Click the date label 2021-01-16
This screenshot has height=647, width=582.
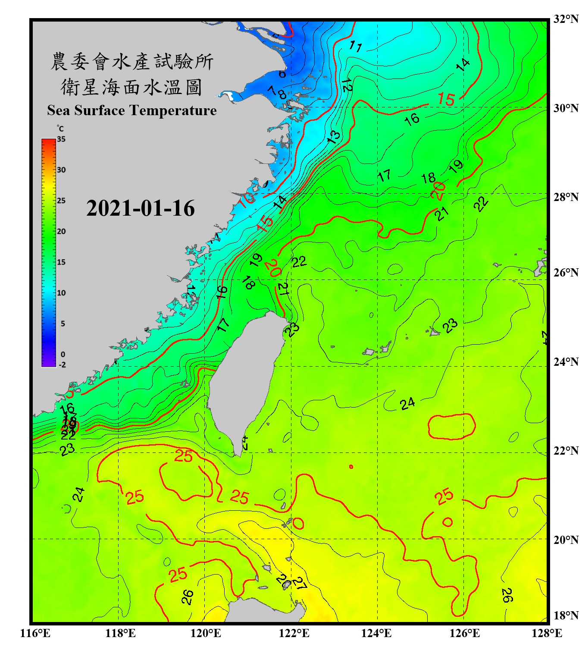[141, 208]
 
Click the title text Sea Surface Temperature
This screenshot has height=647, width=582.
[132, 110]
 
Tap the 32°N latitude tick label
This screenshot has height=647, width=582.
[566, 19]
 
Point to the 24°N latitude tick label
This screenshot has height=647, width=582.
[566, 362]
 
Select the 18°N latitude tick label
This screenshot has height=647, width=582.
[566, 616]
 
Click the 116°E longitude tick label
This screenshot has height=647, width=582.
[35, 633]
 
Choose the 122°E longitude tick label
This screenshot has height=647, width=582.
[294, 633]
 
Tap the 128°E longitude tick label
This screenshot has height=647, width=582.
[547, 633]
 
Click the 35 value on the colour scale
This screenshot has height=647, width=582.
[61, 139]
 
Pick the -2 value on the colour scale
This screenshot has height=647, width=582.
[62, 365]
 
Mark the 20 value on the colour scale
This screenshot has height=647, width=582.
[61, 232]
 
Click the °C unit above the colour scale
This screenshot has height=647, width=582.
[60, 129]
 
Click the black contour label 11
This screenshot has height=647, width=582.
[356, 46]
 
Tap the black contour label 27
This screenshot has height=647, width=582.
[299, 584]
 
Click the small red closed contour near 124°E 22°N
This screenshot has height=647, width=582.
[351, 467]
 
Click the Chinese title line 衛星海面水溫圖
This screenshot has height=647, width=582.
[131, 87]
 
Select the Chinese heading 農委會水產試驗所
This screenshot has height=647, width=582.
[132, 62]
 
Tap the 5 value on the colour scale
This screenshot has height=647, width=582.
[63, 323]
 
